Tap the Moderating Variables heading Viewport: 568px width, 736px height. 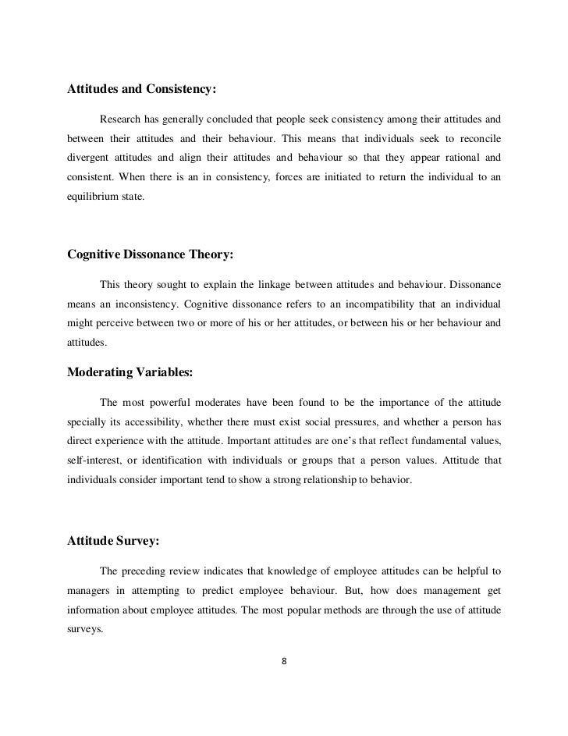(130, 372)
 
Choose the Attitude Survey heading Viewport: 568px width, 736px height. (112, 538)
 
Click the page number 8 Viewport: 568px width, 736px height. (284, 663)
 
